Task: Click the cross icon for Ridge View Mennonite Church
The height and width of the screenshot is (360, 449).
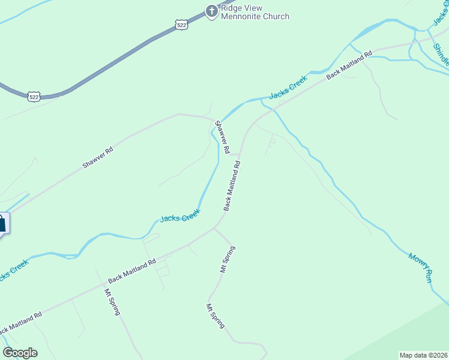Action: click(211, 11)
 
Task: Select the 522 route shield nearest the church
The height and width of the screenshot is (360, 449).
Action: click(182, 24)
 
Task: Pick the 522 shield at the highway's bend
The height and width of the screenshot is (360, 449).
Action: click(34, 96)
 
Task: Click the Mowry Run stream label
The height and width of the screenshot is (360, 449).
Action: click(420, 267)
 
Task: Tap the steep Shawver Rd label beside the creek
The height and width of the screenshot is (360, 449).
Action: click(223, 138)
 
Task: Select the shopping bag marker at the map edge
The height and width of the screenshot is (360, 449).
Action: click(2, 224)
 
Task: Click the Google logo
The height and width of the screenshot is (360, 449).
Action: click(20, 353)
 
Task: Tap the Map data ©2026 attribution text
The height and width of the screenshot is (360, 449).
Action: click(424, 355)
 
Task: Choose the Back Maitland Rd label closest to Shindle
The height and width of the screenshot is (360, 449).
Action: click(349, 65)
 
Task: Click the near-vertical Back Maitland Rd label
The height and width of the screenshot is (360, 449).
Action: click(232, 185)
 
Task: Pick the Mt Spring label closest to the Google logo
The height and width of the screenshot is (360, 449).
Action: click(112, 302)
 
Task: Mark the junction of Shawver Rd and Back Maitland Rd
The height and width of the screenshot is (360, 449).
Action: click(241, 153)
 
